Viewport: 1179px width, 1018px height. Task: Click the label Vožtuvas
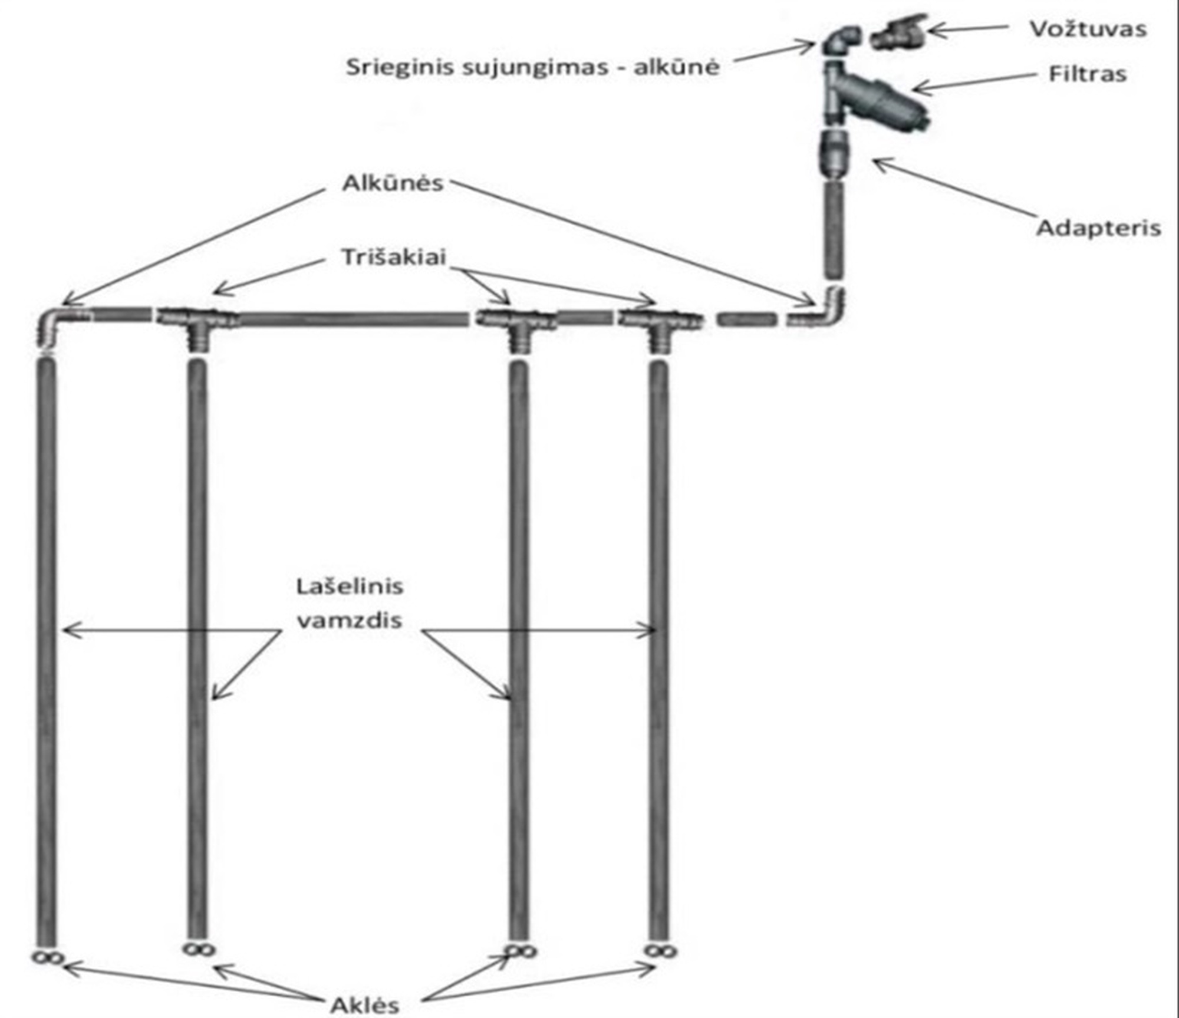[x=1088, y=29]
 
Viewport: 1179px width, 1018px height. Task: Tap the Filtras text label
[x=1088, y=74]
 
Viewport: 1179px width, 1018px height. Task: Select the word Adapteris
[x=1099, y=228]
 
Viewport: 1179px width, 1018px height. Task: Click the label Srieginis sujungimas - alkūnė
[x=533, y=67]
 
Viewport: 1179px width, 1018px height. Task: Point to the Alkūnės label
[x=393, y=183]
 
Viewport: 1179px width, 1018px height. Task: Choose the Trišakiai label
[x=394, y=258]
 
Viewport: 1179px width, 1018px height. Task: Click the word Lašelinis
[x=350, y=587]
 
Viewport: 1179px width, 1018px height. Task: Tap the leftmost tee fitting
[x=197, y=326]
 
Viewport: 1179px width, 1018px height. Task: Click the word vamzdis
[x=350, y=620]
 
